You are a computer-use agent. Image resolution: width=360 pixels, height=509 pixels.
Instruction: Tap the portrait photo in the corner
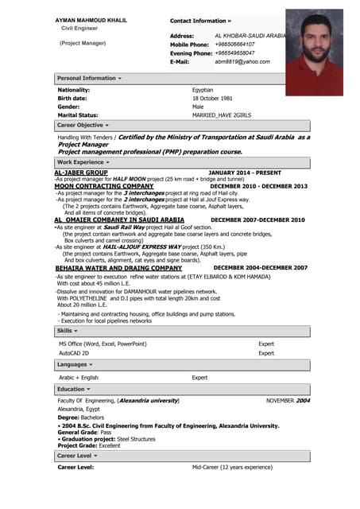(x=313, y=52)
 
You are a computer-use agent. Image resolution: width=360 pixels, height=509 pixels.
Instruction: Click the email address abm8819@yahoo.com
(x=242, y=61)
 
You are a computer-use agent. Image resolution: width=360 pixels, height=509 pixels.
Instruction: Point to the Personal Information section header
(x=89, y=78)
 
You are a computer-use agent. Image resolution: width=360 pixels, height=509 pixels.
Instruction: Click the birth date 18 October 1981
(x=212, y=99)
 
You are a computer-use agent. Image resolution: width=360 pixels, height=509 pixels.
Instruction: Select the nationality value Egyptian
(x=203, y=90)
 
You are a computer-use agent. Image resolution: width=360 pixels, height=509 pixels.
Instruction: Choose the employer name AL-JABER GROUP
(x=80, y=172)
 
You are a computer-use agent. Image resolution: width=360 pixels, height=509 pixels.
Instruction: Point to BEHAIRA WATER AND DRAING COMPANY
(x=118, y=268)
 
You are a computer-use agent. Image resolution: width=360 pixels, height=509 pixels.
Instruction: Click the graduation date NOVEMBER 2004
(x=288, y=400)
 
